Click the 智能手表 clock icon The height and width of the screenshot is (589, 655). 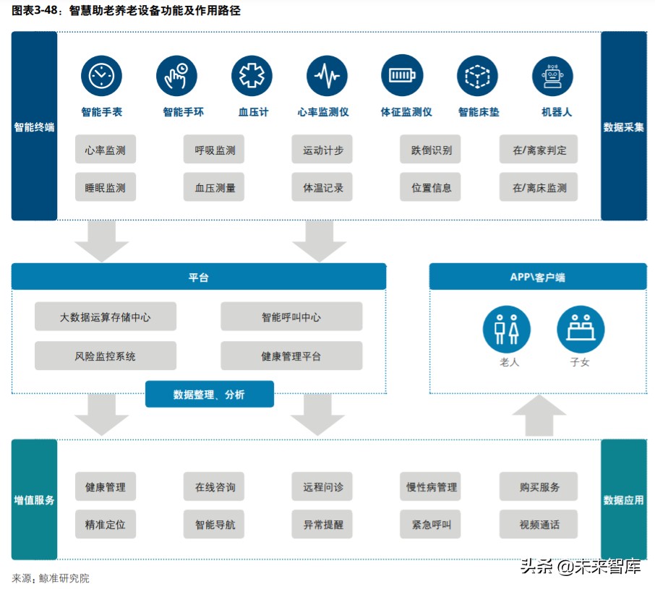[101, 76]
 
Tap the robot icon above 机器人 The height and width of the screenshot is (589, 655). [552, 76]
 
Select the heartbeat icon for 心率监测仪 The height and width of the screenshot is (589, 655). [327, 76]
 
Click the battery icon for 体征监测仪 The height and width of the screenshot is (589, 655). [402, 76]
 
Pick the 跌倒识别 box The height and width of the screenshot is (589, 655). [431, 150]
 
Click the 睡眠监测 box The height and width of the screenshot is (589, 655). [106, 187]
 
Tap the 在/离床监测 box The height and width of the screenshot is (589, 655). [539, 187]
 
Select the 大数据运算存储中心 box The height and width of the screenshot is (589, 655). [106, 317]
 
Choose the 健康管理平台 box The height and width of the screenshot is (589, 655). [291, 356]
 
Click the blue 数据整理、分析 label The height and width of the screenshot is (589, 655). [209, 394]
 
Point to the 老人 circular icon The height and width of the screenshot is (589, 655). [506, 329]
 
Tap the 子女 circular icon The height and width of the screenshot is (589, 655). [581, 329]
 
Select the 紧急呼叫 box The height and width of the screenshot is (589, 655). [431, 524]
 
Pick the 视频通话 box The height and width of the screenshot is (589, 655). [539, 524]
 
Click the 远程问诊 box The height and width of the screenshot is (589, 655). [322, 486]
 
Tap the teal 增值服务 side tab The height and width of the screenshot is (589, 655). [34, 499]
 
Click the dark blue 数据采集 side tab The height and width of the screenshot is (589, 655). [623, 126]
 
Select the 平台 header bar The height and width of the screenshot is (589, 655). [198, 277]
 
